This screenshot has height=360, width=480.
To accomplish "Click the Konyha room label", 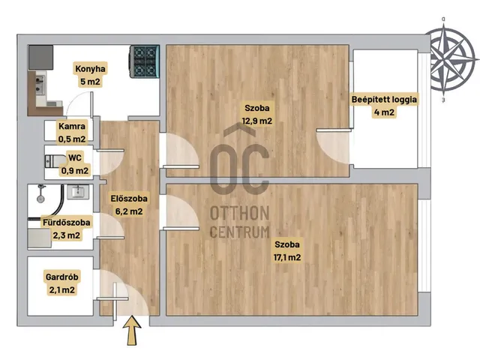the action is pos(90,68).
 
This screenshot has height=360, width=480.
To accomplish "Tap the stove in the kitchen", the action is pos(145,61).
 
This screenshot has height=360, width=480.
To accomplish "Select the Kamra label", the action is pos(72,126).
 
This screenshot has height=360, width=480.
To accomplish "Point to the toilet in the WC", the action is pos(55,161).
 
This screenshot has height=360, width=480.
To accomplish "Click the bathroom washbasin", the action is pos(78,192).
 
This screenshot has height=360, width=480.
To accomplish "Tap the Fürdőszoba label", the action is pos(67,222).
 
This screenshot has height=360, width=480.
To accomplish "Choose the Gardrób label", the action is pos(61,277).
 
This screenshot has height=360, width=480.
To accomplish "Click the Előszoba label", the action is pos(129,198).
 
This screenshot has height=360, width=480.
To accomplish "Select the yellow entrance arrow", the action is pos(132,331).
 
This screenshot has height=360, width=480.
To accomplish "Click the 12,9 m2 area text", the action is pos(256,121).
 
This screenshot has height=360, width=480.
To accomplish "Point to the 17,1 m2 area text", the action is pos(287,257).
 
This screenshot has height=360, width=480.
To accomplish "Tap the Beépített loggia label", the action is pos(384,100).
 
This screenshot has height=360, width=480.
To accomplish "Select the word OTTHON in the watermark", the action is pos(240,213).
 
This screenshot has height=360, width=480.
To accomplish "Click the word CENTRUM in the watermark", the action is pos(240,232).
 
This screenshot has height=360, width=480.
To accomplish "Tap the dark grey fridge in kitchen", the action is pos(40,58).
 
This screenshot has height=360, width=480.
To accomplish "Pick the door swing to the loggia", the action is pos(333,147).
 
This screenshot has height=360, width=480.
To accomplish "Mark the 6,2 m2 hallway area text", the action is pos(129,211).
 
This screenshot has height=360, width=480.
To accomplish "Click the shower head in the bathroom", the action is pos(40,199).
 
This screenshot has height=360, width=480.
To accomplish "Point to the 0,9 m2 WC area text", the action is pos(75,170).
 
